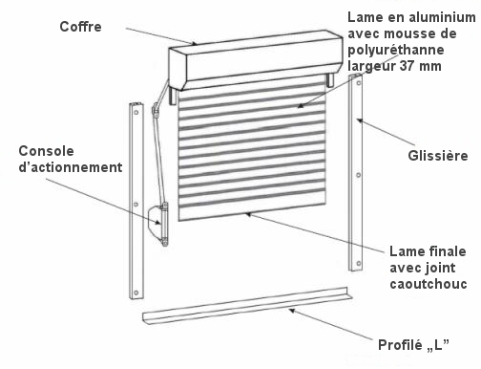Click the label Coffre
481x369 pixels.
pyautogui.click(x=80, y=27)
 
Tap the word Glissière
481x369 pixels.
pyautogui.click(x=438, y=156)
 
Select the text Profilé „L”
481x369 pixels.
pyautogui.click(x=413, y=345)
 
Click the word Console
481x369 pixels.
pyautogui.click(x=46, y=151)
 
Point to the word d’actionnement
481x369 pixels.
pyautogui.click(x=71, y=167)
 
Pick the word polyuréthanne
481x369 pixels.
pyautogui.click(x=396, y=50)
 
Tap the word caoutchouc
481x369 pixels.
pyautogui.click(x=429, y=284)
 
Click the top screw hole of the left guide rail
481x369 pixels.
pyautogui.click(x=136, y=112)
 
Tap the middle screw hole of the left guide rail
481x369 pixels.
pyautogui.click(x=136, y=205)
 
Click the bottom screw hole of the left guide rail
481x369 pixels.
pyautogui.click(x=136, y=293)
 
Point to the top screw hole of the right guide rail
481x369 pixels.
pyautogui.click(x=359, y=83)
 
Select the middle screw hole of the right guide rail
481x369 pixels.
pyautogui.click(x=359, y=175)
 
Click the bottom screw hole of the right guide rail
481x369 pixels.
pyautogui.click(x=359, y=263)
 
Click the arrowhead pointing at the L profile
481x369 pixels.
pyautogui.click(x=292, y=311)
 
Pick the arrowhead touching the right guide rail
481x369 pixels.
pyautogui.click(x=360, y=120)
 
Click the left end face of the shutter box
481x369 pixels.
pyautogui.click(x=178, y=68)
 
